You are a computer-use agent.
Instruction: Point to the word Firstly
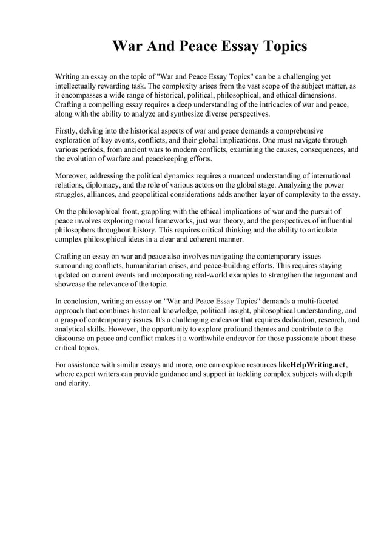[67, 131]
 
